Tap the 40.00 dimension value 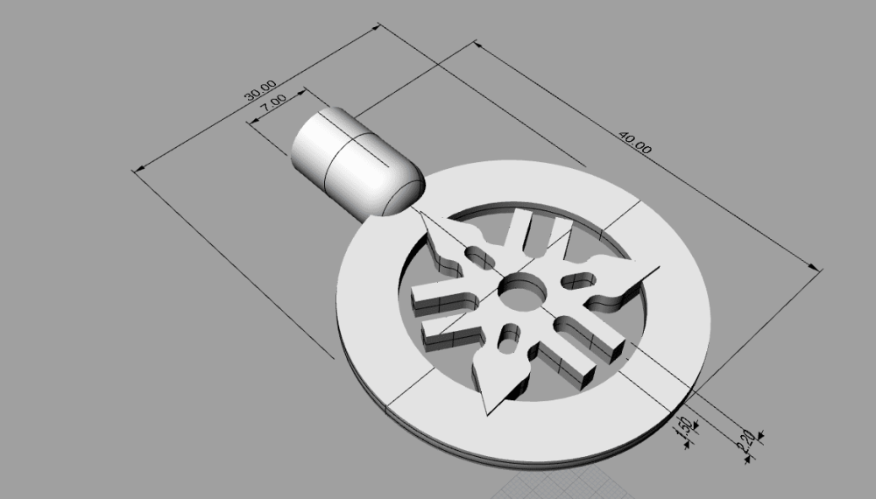coord(634,143)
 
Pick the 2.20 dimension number coord(747,440)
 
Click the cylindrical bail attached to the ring coord(350,162)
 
